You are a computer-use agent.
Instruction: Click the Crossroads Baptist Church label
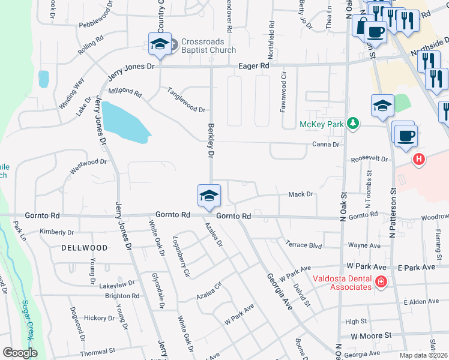[208, 46]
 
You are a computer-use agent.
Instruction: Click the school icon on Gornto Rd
[209, 196]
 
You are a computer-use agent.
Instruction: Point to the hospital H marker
[420, 160]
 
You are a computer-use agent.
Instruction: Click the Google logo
[20, 353]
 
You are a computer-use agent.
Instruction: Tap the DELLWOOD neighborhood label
[84, 248]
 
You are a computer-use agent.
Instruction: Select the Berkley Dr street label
[210, 141]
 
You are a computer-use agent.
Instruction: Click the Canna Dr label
[326, 145]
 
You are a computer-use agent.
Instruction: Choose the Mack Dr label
[301, 194]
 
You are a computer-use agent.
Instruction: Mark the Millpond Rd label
[124, 92]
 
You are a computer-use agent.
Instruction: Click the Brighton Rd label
[122, 296]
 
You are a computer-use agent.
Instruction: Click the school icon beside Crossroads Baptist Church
[160, 44]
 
